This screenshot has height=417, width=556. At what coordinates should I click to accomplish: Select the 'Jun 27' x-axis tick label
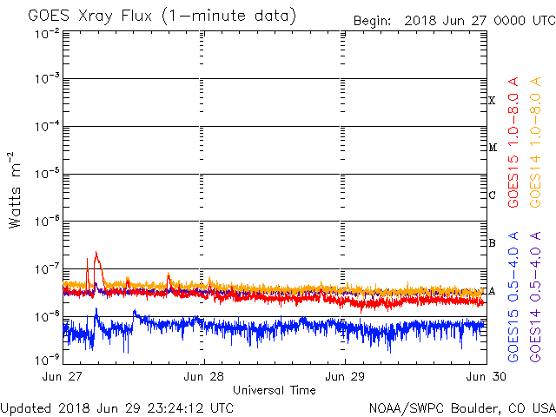63,376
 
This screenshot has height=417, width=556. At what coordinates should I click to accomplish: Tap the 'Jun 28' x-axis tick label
204,376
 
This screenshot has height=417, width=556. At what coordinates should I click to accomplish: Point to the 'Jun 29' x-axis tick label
345,376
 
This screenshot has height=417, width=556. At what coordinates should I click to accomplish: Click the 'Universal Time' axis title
274,390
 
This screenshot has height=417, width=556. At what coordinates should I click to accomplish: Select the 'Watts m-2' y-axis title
15,191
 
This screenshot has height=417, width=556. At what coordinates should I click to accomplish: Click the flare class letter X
492,101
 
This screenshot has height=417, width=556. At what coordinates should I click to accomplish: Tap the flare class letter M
492,148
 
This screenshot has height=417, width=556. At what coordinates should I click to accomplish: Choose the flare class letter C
492,195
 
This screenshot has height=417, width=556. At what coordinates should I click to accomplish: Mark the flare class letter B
492,243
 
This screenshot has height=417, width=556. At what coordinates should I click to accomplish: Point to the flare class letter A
492,291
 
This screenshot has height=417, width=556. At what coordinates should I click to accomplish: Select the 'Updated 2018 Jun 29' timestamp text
117,407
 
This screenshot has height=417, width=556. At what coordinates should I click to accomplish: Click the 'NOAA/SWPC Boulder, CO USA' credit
461,407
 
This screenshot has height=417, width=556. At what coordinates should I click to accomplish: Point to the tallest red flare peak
96,254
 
